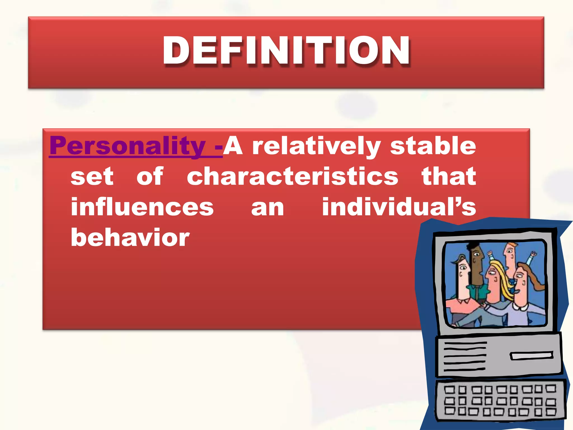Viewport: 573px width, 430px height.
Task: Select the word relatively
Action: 316,146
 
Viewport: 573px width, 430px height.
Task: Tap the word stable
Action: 433,146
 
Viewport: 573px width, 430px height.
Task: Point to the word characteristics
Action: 292,176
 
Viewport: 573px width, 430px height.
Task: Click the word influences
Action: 142,207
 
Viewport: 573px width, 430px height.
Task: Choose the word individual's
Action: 399,207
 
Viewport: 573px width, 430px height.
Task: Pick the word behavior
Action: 130,237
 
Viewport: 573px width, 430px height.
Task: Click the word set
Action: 92,176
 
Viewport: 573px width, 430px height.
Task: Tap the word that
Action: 448,176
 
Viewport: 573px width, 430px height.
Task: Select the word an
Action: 267,207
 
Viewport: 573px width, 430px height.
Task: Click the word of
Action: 150,176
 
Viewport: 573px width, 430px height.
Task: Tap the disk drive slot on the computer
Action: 531,356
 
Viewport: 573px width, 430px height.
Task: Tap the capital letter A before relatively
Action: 233,146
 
